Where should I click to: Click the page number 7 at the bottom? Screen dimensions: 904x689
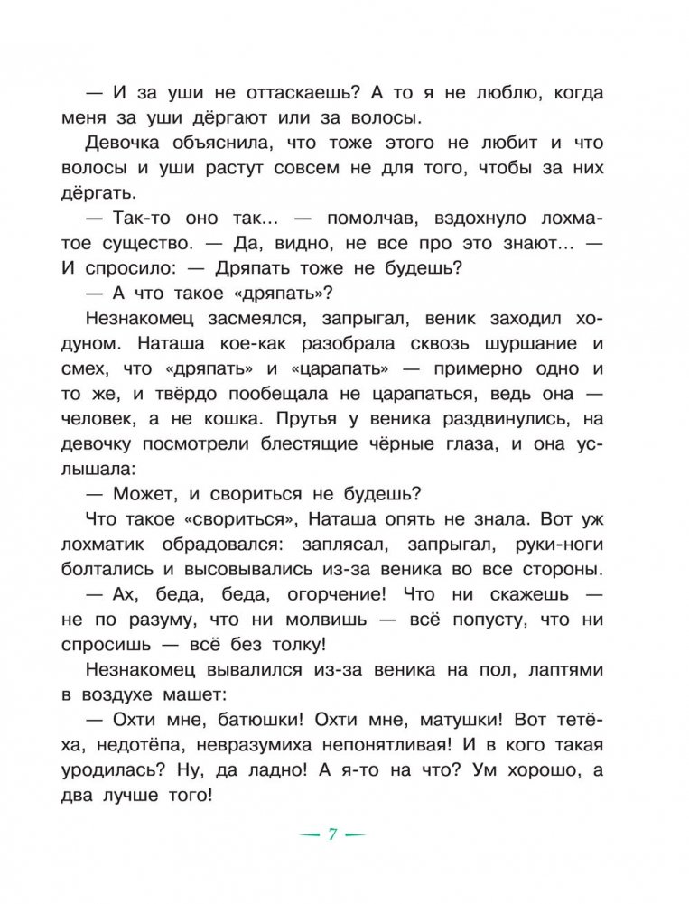[x=332, y=834]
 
